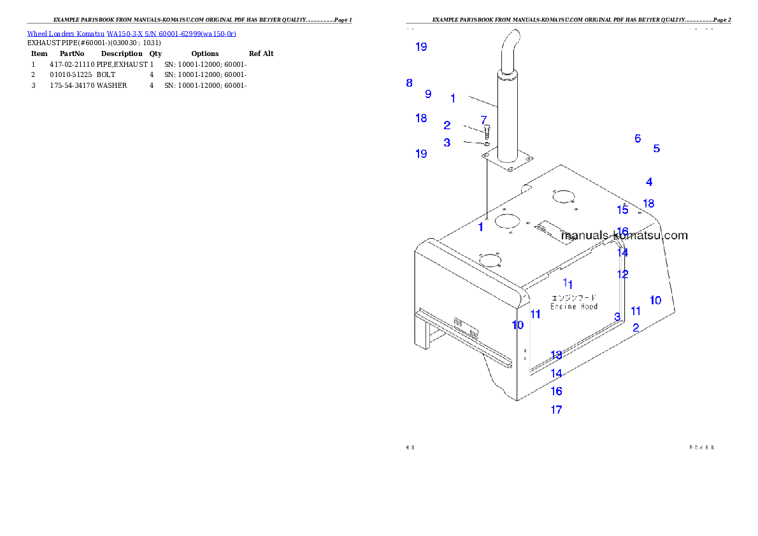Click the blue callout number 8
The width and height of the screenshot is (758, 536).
click(x=409, y=83)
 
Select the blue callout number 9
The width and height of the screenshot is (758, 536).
click(x=428, y=94)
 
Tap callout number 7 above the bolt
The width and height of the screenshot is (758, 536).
click(x=483, y=119)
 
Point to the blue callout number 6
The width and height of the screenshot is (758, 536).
click(x=637, y=138)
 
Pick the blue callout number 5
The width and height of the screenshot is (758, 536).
click(x=656, y=148)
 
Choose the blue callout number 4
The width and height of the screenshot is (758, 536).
click(x=648, y=182)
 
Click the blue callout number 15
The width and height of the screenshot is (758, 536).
click(x=622, y=210)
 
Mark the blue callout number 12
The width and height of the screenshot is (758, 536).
click(x=622, y=274)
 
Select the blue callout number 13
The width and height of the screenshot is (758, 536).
click(x=556, y=355)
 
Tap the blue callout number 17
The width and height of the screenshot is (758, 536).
click(x=556, y=410)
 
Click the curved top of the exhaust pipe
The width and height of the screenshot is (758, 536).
click(x=511, y=45)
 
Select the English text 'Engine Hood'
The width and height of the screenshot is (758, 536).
click(x=574, y=306)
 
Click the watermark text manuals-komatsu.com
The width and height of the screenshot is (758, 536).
click(x=624, y=236)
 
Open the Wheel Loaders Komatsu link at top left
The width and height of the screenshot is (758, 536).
click(x=131, y=34)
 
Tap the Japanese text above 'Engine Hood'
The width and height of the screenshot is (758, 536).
click(x=574, y=297)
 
